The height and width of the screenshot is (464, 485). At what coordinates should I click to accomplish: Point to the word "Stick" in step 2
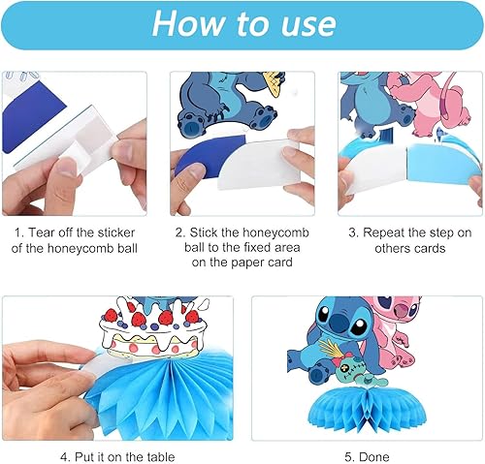202,232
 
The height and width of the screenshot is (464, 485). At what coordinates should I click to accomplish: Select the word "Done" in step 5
374,457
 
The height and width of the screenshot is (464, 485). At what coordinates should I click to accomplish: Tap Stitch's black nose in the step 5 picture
339,320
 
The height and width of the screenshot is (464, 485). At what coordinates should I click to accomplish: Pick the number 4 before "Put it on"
64,457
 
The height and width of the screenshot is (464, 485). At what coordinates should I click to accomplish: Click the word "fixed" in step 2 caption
258,248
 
